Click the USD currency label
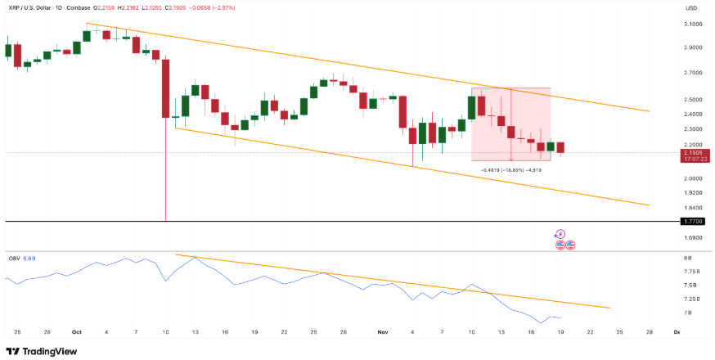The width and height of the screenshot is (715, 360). [x=691, y=8]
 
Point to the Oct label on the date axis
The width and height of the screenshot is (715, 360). [x=77, y=332]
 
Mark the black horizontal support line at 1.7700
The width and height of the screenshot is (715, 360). [x=327, y=222]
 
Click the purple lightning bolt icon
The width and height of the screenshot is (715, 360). [x=560, y=234]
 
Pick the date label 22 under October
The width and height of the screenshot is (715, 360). [x=284, y=332]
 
